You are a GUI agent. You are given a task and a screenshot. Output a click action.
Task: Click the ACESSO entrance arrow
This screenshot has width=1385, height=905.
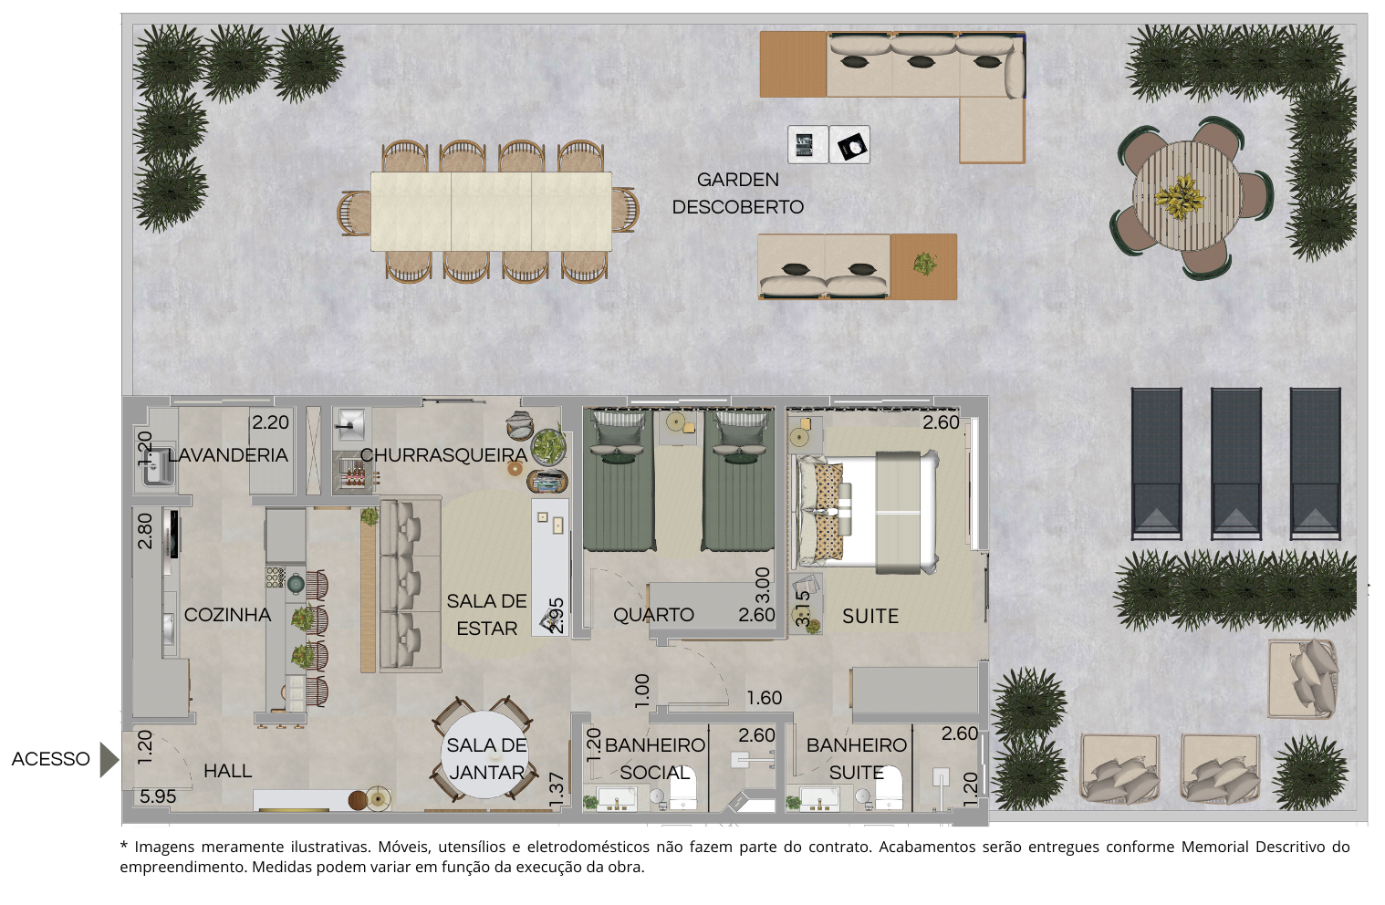(x=109, y=760)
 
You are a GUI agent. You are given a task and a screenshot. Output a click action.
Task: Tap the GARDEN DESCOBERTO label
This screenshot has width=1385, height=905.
(x=737, y=192)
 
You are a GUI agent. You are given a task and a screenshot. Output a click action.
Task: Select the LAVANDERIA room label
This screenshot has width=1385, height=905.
(x=228, y=455)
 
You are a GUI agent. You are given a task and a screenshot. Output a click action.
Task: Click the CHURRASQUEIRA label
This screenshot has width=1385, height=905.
(x=443, y=455)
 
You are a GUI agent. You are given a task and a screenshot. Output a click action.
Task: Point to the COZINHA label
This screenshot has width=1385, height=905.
(x=227, y=615)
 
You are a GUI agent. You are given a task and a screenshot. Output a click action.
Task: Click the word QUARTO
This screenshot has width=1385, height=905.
(x=653, y=615)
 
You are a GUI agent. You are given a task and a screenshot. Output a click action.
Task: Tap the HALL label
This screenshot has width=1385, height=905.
(x=228, y=771)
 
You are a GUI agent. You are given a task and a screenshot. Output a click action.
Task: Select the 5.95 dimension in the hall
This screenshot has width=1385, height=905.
(x=158, y=796)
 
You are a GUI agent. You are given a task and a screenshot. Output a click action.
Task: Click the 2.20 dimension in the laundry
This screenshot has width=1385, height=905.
(x=270, y=422)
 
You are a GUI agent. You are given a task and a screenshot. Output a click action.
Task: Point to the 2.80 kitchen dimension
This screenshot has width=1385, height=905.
(x=145, y=531)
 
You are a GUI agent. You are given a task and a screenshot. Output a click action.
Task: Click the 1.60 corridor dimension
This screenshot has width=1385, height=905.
(x=765, y=698)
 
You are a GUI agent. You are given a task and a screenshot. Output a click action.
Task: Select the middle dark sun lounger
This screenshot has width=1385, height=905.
(x=1236, y=463)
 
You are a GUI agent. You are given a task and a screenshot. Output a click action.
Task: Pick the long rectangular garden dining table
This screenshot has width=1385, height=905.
(x=491, y=212)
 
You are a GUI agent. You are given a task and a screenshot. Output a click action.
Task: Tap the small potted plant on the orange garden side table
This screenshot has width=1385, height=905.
(x=925, y=264)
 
